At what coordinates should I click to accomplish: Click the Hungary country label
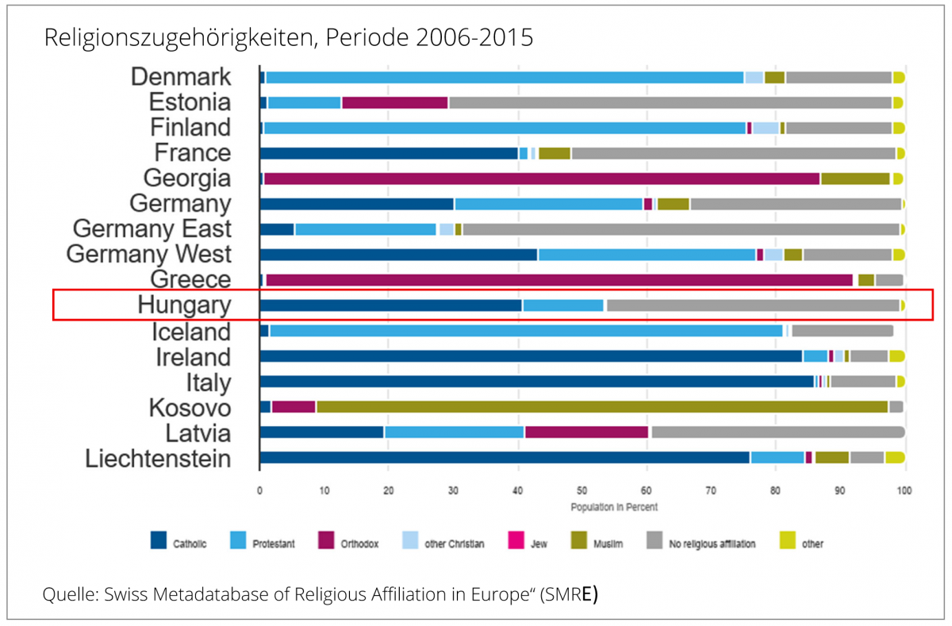click(x=184, y=305)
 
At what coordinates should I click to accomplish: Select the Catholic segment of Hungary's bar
click(x=391, y=305)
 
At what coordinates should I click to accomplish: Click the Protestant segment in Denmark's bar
click(x=504, y=77)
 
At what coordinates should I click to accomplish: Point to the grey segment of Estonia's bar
click(x=670, y=102)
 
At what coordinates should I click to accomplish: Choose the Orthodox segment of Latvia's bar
click(x=586, y=432)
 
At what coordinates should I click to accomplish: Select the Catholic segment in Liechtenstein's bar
click(x=505, y=458)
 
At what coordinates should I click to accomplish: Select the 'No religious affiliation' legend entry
click(x=712, y=544)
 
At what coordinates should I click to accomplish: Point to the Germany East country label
click(x=152, y=229)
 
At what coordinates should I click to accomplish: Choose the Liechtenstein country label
click(x=159, y=459)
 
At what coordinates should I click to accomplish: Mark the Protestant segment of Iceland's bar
click(x=526, y=331)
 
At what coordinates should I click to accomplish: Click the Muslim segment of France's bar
click(x=555, y=153)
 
